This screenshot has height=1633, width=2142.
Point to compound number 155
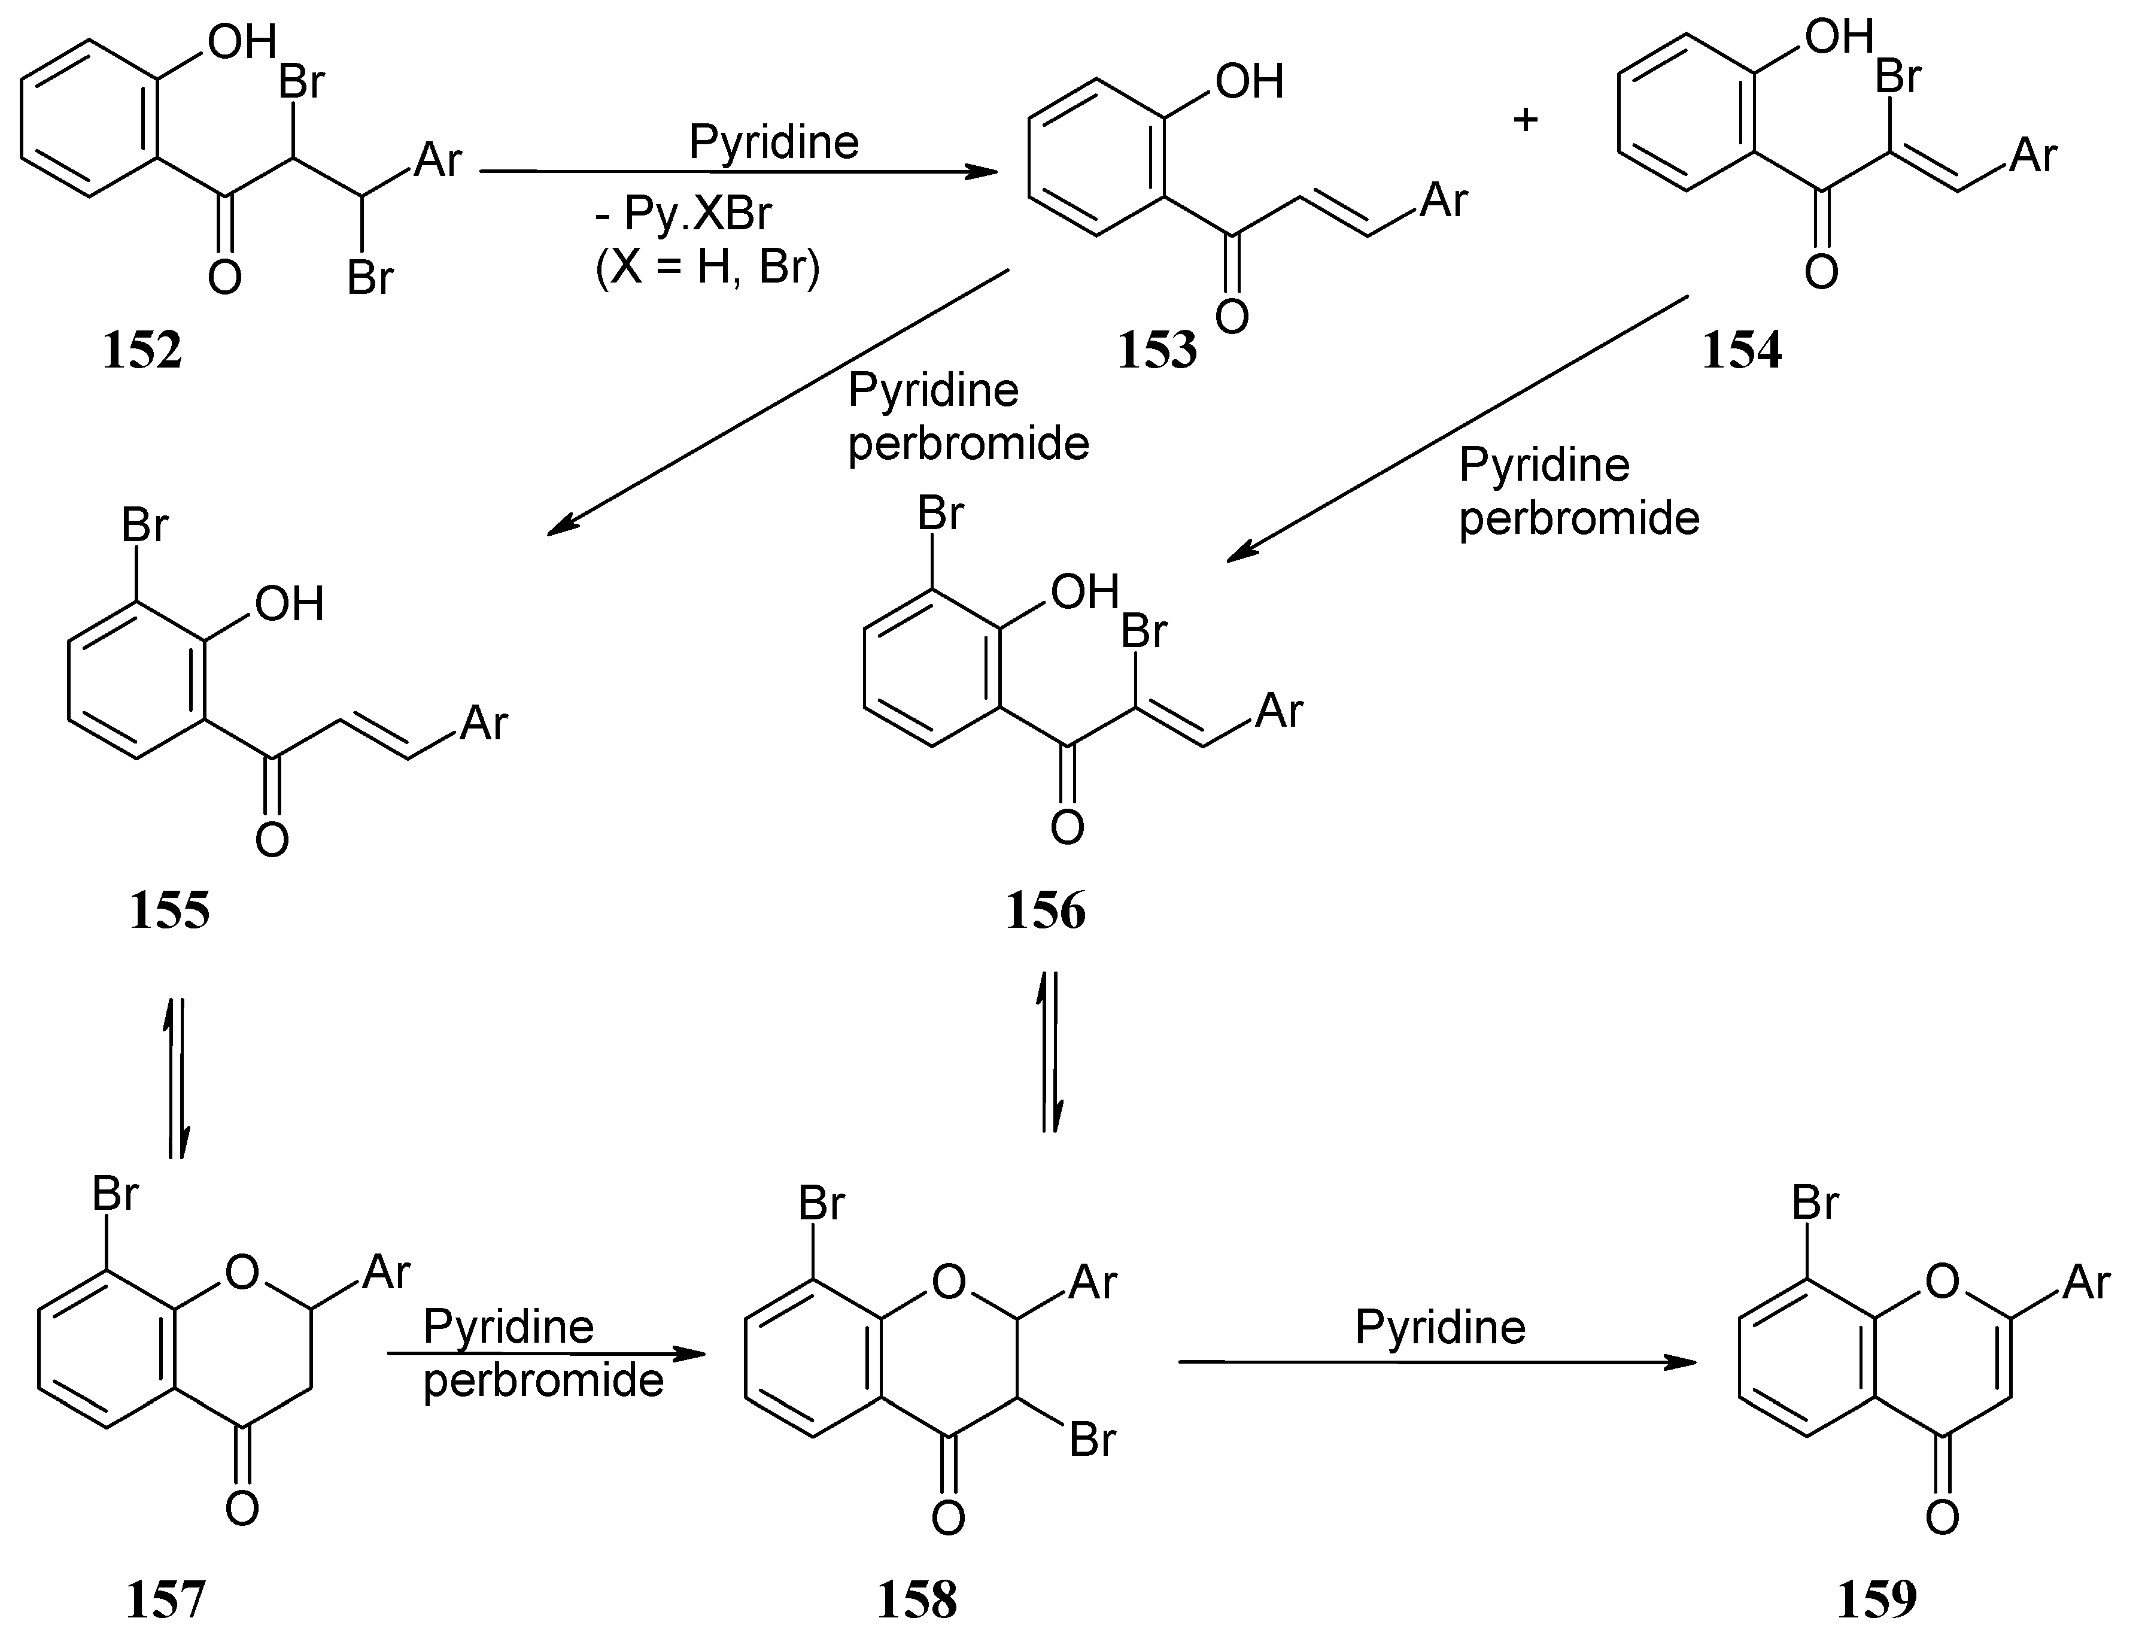(x=169, y=912)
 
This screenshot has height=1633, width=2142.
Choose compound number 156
(x=1046, y=912)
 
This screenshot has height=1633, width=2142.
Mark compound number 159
(x=1877, y=1599)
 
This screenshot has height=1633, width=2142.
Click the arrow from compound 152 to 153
(x=739, y=172)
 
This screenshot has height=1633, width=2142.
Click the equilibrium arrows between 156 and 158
(x=1050, y=1052)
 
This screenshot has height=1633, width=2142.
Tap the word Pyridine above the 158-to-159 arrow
(x=1441, y=1327)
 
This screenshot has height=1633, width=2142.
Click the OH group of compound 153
(x=1249, y=81)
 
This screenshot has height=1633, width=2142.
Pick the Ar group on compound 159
(x=2086, y=1283)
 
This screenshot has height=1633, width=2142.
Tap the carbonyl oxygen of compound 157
(x=242, y=1508)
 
